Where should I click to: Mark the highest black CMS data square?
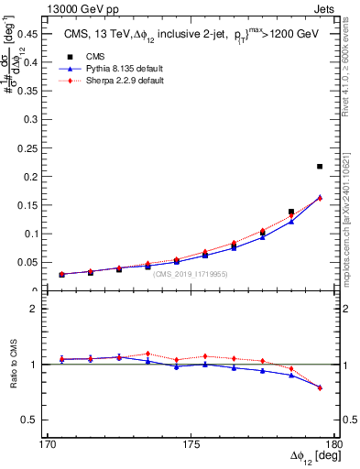click(320, 167)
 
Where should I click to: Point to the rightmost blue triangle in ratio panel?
click(320, 387)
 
